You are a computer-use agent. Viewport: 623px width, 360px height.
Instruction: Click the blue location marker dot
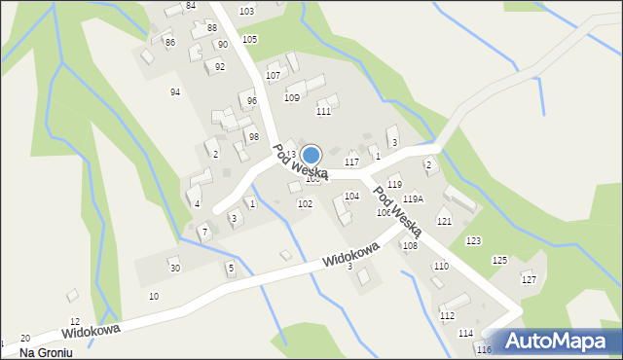pos(311,155)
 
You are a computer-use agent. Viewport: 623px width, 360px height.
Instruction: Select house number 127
pos(529,280)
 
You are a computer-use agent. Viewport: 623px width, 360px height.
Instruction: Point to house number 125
pos(499,261)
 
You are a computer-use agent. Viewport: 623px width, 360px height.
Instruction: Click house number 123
pos(473,240)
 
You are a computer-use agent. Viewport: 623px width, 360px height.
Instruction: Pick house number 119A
pos(413,198)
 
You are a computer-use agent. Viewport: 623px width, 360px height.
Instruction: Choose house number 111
pos(323,112)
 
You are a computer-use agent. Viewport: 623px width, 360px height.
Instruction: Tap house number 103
pos(246,11)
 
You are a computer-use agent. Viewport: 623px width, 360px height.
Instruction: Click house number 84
pos(191,6)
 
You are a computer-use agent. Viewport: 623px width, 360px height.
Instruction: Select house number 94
pos(175,92)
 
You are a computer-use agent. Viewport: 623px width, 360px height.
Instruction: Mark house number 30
pos(174,269)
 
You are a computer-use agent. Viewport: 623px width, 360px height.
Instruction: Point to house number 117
pos(351,162)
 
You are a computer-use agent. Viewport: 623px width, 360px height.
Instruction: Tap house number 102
pos(305,204)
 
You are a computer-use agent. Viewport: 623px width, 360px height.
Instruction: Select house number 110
pos(441,267)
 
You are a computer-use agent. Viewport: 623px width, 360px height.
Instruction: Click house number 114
pos(465,334)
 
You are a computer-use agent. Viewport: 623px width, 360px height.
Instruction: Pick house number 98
pos(253,137)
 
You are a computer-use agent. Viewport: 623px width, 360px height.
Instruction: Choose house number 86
pos(169,43)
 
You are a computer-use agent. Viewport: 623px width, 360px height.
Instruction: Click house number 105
pos(249,39)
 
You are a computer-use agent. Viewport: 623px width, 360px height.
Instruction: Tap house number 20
pos(25,338)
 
